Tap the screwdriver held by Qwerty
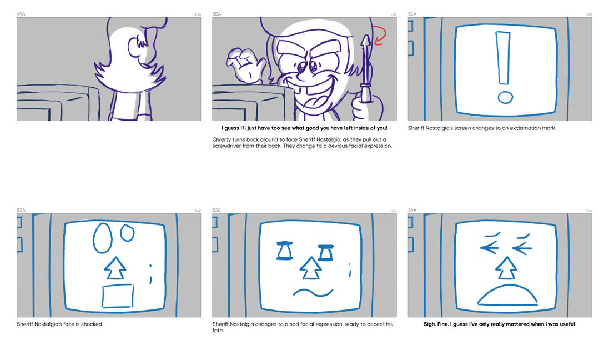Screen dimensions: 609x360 (x=365, y=69)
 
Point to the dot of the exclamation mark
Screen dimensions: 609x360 (x=505, y=97)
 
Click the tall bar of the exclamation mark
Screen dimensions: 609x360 (x=503, y=58)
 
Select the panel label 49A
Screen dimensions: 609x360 (x=21, y=14)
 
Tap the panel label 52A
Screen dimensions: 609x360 (x=21, y=210)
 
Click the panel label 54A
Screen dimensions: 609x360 (x=412, y=210)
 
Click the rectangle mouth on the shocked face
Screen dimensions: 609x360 (x=118, y=296)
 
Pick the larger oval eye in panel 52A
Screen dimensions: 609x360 (x=103, y=238)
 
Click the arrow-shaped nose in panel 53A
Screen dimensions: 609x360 (x=311, y=268)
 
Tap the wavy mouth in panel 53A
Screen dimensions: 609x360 (x=313, y=292)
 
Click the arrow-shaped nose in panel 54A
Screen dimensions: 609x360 (x=506, y=268)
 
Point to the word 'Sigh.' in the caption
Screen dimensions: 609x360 (x=430, y=324)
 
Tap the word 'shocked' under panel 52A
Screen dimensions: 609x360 (x=93, y=324)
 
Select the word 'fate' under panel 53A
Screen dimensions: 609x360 (x=218, y=331)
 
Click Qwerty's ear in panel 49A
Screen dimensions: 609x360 (x=134, y=47)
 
